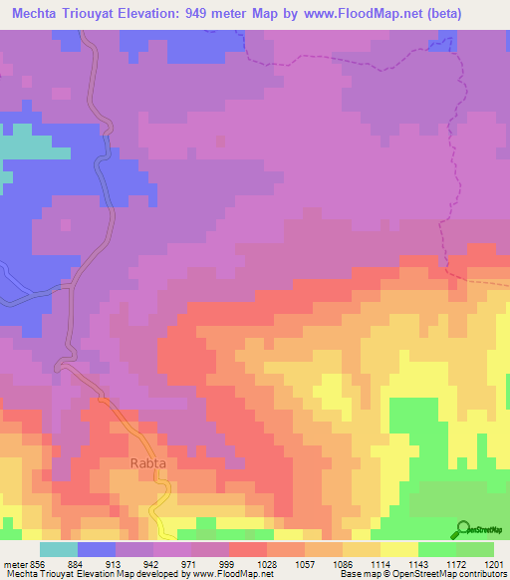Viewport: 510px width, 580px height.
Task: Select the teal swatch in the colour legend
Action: (x=58, y=549)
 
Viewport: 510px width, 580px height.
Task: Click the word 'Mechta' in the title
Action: (x=38, y=14)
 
